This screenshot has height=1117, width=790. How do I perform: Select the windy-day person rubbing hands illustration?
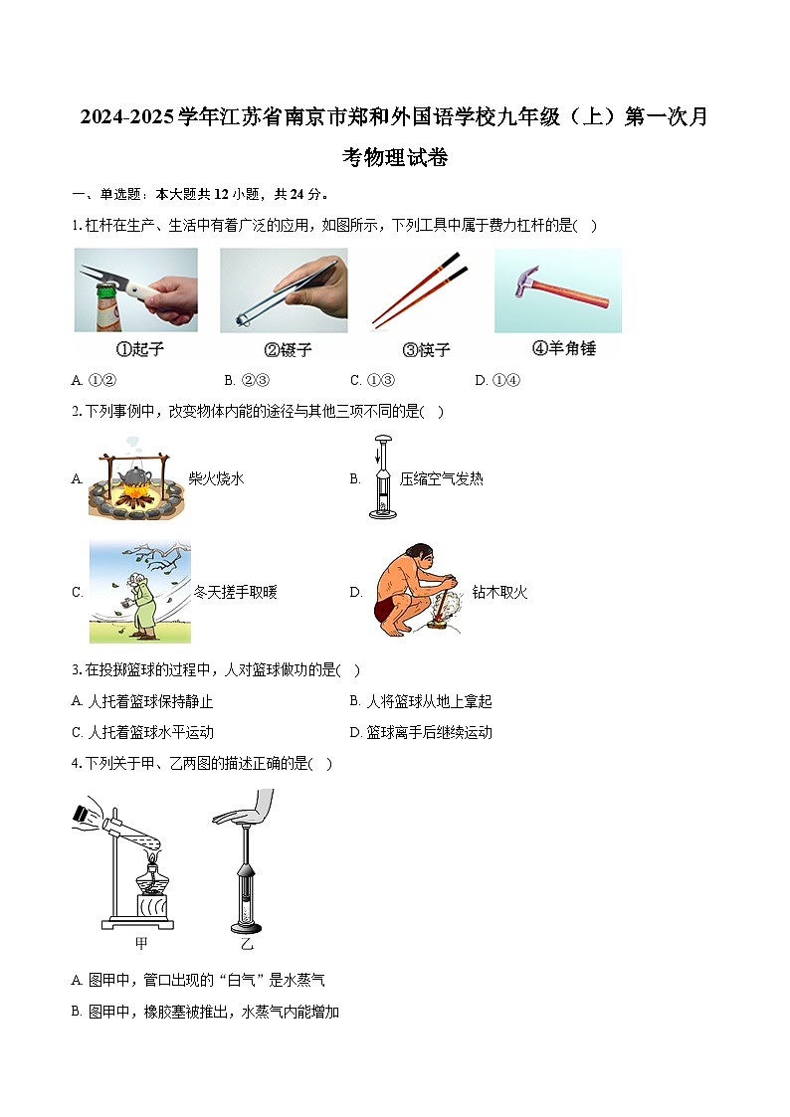(139, 593)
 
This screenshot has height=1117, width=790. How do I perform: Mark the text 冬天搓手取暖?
(235, 593)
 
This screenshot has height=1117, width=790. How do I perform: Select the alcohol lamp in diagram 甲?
(150, 885)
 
